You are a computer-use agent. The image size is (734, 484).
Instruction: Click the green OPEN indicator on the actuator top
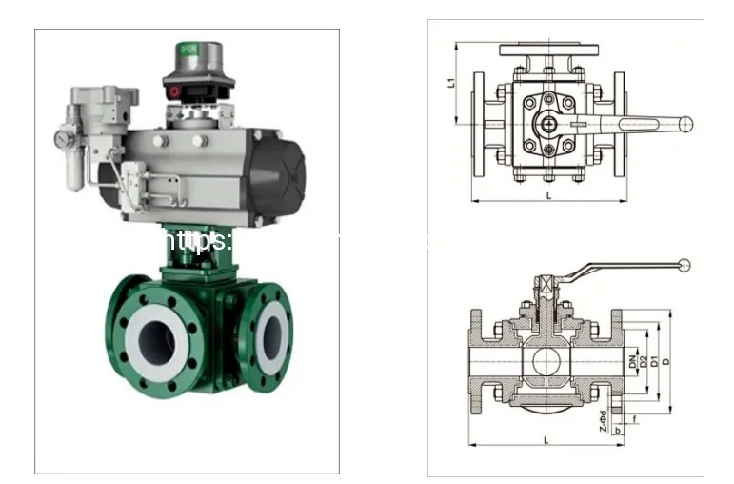(188, 47)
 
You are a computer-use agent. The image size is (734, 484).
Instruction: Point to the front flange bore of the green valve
(152, 336)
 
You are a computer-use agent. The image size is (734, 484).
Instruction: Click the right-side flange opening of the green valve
(272, 330)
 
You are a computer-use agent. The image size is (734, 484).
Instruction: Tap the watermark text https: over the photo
(195, 240)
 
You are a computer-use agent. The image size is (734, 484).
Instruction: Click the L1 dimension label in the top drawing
(450, 83)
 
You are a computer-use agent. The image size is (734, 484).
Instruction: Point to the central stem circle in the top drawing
(548, 123)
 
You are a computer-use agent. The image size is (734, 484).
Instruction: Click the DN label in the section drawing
(631, 362)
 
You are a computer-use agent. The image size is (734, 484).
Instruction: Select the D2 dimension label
(644, 362)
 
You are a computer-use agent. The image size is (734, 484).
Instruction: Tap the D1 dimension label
(654, 362)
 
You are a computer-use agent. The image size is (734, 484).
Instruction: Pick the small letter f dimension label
(635, 420)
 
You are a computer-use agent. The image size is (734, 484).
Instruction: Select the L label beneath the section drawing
(544, 439)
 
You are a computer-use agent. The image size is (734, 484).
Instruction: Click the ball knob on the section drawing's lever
(685, 265)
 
